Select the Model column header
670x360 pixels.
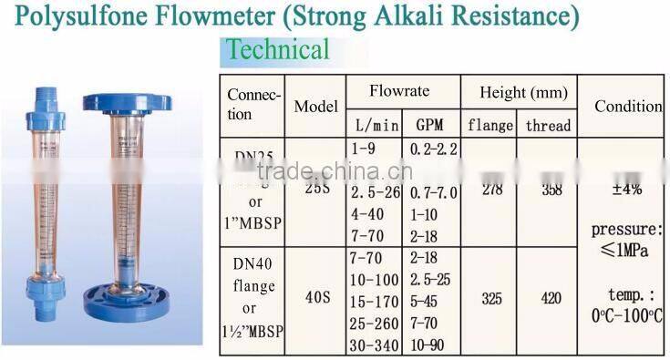[x=316, y=107]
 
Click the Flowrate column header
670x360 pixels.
[x=399, y=92]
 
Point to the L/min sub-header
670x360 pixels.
[x=371, y=125]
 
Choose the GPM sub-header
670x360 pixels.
[x=429, y=125]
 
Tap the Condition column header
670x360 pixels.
[x=628, y=106]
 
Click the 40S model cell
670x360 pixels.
[x=316, y=297]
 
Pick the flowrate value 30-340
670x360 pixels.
[x=375, y=344]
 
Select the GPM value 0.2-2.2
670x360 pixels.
[x=435, y=148]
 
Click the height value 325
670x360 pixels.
[x=492, y=298]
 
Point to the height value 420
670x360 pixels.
[x=550, y=298]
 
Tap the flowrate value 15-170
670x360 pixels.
[x=375, y=300]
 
